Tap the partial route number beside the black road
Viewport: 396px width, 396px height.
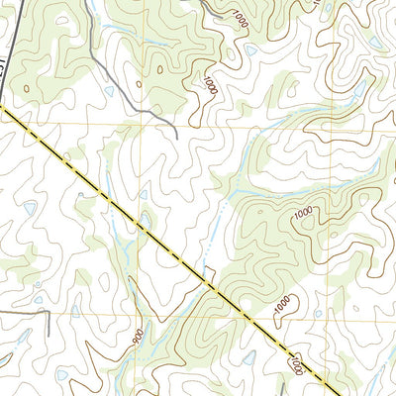3,70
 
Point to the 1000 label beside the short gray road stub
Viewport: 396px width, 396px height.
239,17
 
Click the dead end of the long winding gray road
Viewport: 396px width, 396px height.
176,136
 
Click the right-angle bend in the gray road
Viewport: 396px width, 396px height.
47,313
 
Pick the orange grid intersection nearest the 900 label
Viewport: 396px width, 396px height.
143,319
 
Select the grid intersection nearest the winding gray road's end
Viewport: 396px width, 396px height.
141,125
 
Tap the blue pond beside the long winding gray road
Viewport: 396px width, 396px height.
109,91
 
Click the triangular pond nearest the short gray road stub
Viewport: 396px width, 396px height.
251,49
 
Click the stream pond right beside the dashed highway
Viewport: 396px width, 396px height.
206,268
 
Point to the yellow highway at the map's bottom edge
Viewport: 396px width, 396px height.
327,393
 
